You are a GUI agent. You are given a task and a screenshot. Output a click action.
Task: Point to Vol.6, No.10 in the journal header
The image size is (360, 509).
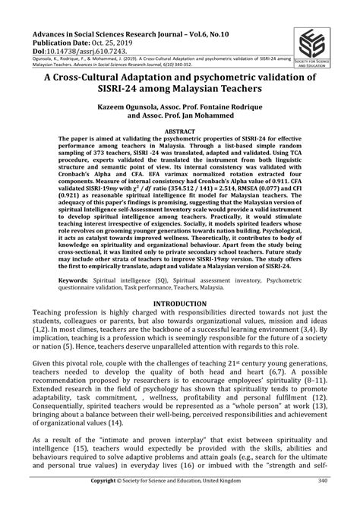pyautogui.click(x=205, y=35)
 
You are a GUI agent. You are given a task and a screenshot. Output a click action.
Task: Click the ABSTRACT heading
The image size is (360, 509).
pyautogui.click(x=180, y=153)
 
